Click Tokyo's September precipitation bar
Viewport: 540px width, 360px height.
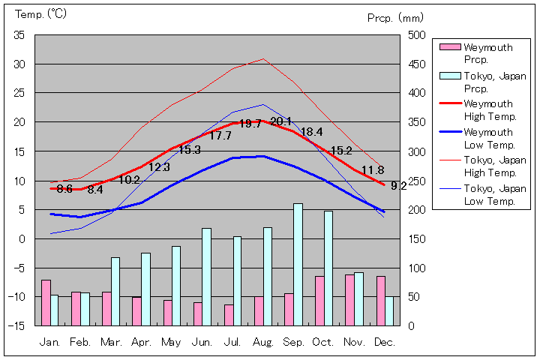pos(298,264)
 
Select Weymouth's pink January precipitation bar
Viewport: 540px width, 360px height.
pos(46,302)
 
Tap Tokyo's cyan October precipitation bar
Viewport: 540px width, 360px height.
pos(328,268)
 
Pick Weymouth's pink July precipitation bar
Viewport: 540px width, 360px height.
pos(229,315)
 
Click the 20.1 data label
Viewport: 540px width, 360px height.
pos(281,121)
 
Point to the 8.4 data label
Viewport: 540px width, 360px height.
pos(95,190)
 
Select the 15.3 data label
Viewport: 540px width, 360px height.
pos(189,150)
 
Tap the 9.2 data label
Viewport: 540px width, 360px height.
pos(399,185)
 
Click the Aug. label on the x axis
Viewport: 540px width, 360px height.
pos(263,342)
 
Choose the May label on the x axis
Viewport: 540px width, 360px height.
pos(171,342)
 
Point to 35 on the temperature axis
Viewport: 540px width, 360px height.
pos(19,35)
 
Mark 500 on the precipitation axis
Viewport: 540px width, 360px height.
pos(418,35)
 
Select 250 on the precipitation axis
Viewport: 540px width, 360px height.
pos(418,181)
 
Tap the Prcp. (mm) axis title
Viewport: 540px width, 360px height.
pos(396,17)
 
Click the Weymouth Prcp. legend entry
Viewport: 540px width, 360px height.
pos(488,53)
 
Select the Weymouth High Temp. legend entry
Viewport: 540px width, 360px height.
pos(488,109)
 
